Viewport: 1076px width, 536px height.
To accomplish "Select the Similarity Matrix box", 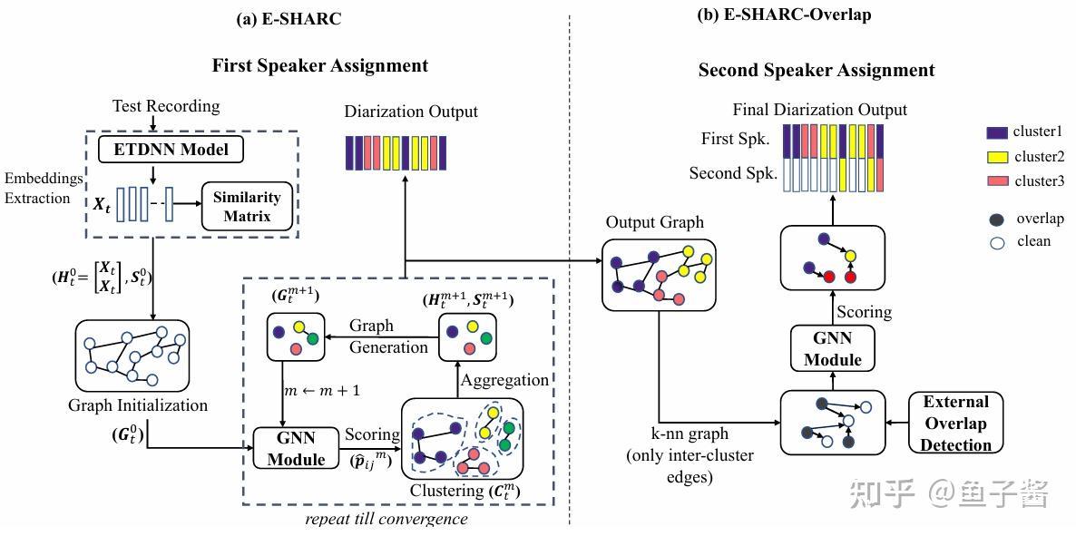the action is [246, 208].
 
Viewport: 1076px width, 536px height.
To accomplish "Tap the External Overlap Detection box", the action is [954, 424].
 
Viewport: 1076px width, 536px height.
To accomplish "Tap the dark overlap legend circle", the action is [997, 219].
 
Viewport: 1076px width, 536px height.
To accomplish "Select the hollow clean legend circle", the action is [997, 241].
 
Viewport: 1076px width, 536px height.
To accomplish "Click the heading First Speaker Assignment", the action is [319, 66].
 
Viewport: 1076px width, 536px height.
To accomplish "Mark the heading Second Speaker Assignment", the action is [817, 70].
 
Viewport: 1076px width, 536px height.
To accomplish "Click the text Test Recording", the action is [166, 106].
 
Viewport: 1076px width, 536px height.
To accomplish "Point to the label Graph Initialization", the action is [138, 405].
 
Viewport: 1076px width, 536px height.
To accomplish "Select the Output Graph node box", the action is [659, 274].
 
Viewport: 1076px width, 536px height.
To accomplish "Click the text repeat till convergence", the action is [386, 518].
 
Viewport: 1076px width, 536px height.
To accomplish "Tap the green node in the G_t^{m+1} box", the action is [312, 338].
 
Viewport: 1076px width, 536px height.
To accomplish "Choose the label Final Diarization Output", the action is [820, 110].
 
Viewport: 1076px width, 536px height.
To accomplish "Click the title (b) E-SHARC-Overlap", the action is [785, 15].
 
